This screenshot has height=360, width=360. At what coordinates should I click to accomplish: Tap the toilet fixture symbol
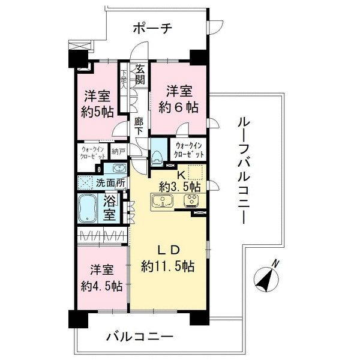click(x=158, y=155)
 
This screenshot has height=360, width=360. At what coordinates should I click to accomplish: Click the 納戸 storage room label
click(x=119, y=152)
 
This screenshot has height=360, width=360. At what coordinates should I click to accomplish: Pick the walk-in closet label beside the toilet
click(x=189, y=150)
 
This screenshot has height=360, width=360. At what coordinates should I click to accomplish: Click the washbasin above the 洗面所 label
click(x=117, y=168)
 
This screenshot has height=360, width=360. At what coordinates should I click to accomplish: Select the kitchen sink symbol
click(x=162, y=201)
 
